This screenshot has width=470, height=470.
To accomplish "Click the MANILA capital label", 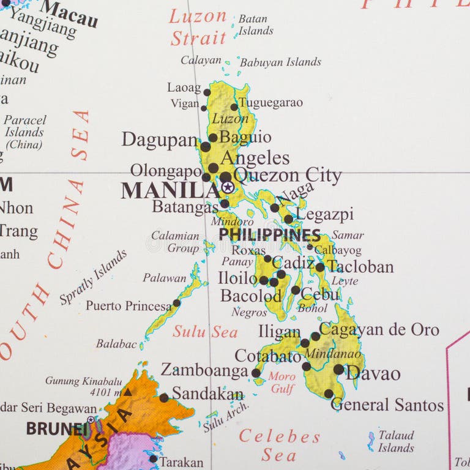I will point(170,190).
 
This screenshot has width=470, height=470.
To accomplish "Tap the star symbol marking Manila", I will point(228,187).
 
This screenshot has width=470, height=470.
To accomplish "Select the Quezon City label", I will point(287,176).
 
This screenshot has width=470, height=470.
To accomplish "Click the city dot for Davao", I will point(338,370).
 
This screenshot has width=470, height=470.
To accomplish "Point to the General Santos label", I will point(387,405).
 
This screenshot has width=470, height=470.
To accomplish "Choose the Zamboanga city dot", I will point(256,373).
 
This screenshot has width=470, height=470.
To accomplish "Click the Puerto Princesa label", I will point(129,305).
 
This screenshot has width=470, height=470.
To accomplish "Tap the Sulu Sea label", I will point(204,332).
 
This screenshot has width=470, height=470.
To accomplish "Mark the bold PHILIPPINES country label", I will point(269,235).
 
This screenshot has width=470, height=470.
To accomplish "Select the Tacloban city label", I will point(360,267).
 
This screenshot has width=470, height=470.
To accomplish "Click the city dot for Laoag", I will point(207,93).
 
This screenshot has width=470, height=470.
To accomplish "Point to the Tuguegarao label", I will point(270,103).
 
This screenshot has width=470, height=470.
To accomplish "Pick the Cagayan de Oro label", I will point(379,330).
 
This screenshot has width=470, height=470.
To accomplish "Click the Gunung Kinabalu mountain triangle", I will point(127,392).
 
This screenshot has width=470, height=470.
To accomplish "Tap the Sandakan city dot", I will point(163,398).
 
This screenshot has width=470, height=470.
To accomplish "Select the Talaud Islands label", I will point(396,441).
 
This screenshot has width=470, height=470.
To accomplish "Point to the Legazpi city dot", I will point(288,218).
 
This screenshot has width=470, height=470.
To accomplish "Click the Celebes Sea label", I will point(279,446).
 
